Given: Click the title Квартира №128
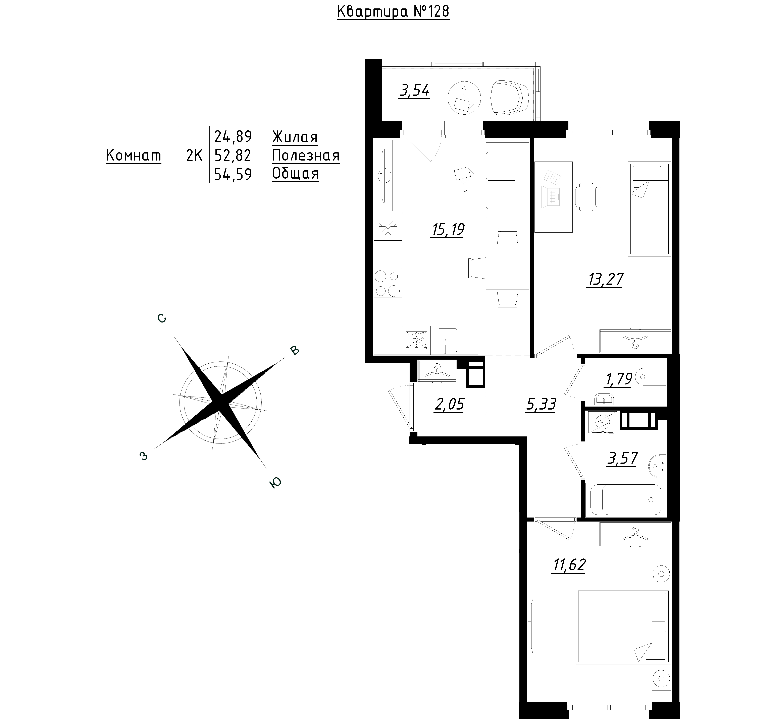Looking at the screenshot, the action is (393, 12).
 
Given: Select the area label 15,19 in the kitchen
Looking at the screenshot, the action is (447, 230).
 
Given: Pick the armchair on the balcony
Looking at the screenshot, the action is (509, 98).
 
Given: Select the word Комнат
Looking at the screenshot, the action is (133, 156).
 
